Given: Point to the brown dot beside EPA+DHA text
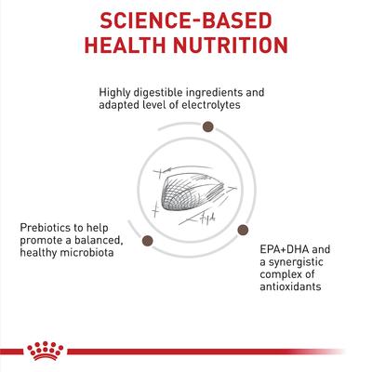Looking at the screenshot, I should pyautogui.click(x=244, y=229).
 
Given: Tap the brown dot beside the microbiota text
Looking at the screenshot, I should pyautogui.click(x=146, y=242).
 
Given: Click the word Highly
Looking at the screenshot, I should pyautogui.click(x=116, y=92).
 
